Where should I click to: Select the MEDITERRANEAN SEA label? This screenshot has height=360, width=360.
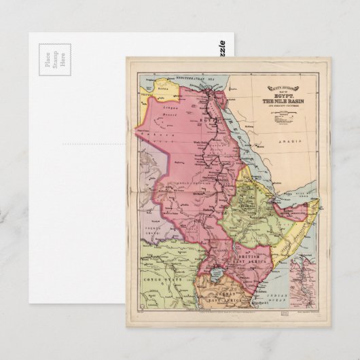click(197, 80)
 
